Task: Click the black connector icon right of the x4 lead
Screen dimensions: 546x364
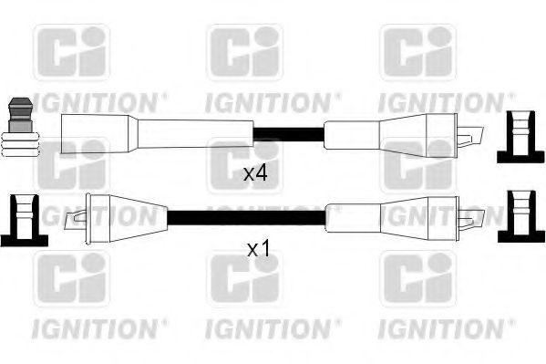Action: (516, 136)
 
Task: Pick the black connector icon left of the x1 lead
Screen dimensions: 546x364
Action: (21, 218)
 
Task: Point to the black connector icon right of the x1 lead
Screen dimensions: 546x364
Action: (516, 215)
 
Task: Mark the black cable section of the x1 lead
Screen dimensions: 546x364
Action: (246, 217)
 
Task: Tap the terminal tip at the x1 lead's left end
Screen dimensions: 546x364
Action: (75, 217)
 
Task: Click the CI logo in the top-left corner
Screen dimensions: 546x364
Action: (71, 53)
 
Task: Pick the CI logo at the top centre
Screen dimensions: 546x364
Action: (243, 53)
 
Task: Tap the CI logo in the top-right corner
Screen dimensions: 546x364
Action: (417, 53)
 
